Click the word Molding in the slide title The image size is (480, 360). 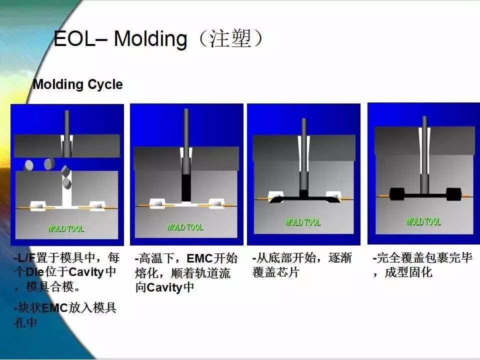pyautogui.click(x=150, y=39)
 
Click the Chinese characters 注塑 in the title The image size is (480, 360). pyautogui.click(x=231, y=38)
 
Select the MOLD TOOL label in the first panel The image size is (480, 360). pyautogui.click(x=66, y=228)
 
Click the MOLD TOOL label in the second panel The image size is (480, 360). pyautogui.click(x=185, y=227)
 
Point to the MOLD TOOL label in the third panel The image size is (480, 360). pyautogui.click(x=303, y=222)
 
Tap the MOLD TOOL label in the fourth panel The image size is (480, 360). pyautogui.click(x=423, y=221)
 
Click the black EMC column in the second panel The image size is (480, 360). pyautogui.click(x=186, y=187)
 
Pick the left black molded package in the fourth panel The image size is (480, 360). pyautogui.click(x=397, y=194)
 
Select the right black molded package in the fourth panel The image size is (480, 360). pyautogui.click(x=453, y=194)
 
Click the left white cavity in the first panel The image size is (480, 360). pyautogui.click(x=38, y=206)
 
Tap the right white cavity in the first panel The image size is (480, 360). pyautogui.click(x=97, y=206)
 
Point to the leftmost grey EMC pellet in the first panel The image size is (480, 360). pyautogui.click(x=28, y=165)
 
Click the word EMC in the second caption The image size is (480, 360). pyautogui.click(x=199, y=258)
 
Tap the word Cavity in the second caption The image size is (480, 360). pyautogui.click(x=164, y=287)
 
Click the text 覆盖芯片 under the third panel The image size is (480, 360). pyautogui.click(x=276, y=272)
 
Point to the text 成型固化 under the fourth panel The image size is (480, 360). pyautogui.click(x=408, y=272)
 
